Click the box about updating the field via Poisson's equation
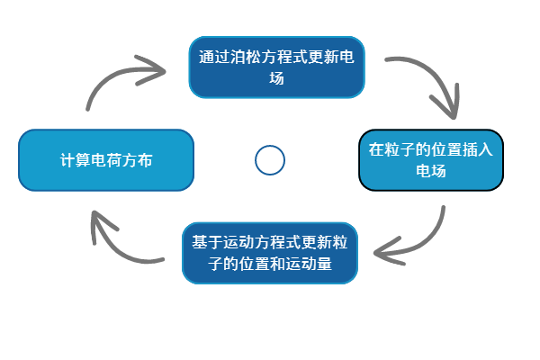click(277, 67)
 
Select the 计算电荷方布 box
click(106, 160)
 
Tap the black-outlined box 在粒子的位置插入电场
click(431, 160)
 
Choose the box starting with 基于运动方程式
click(270, 253)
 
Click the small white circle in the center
click(270, 160)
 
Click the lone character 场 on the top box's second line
click(277, 78)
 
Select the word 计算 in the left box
click(74, 160)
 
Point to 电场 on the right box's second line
click(431, 171)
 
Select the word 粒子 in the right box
click(400, 149)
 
